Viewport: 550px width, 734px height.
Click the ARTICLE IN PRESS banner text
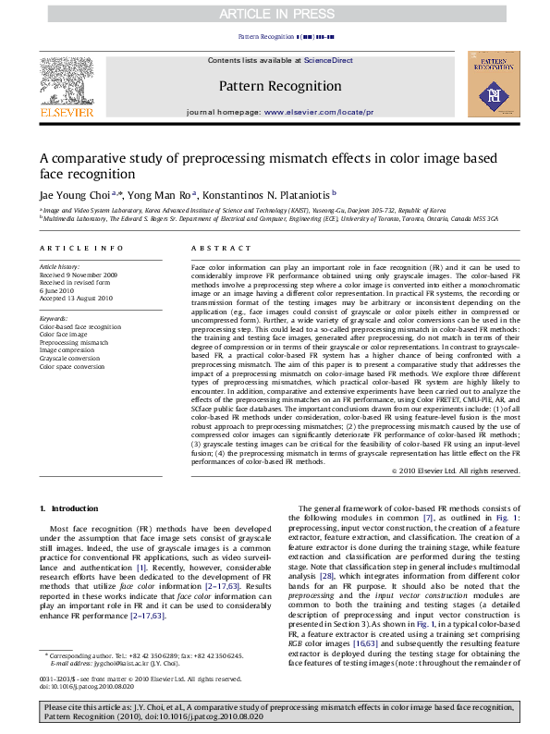(275, 14)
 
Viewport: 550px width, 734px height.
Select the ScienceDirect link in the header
(328, 60)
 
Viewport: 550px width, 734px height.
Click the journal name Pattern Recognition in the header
(275, 86)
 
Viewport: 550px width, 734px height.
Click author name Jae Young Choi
(74, 195)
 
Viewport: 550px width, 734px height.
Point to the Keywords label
(54, 319)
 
